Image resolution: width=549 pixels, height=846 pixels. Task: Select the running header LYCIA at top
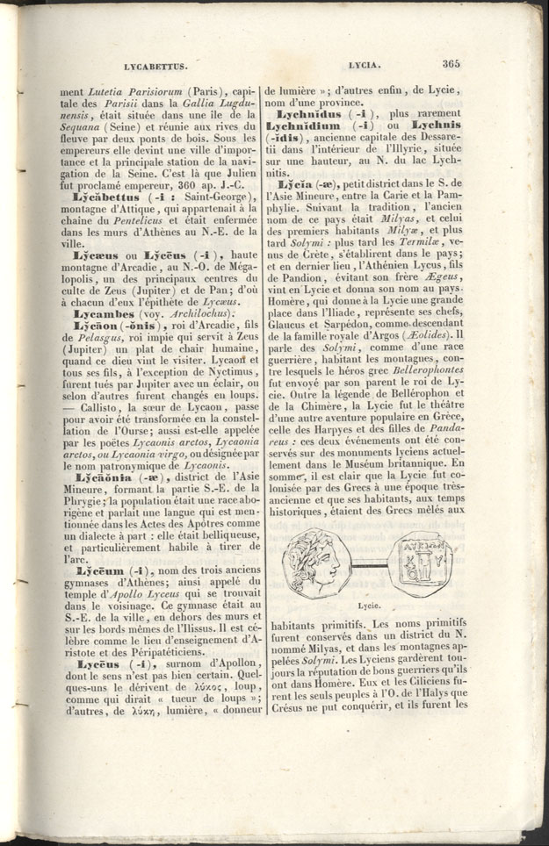[364, 66]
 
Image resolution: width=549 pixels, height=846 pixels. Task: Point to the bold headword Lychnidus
[315, 115]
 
